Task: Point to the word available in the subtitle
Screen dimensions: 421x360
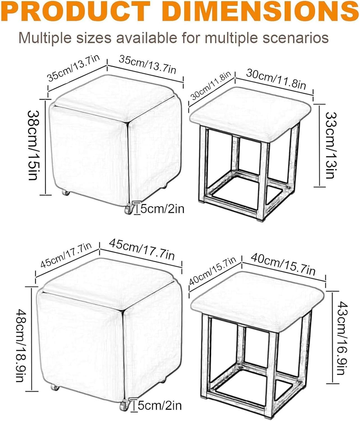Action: [149, 38]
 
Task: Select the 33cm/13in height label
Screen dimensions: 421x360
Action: [331, 145]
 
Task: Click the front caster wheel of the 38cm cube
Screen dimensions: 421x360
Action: [128, 210]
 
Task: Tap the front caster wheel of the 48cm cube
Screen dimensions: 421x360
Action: [123, 406]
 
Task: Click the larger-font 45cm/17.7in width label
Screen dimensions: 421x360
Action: [142, 249]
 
